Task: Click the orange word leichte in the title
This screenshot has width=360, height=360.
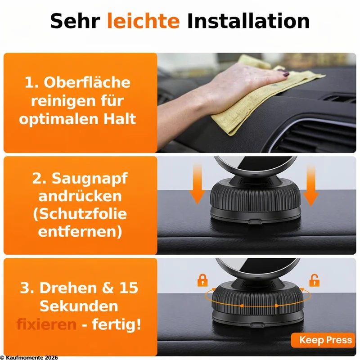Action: coord(143,21)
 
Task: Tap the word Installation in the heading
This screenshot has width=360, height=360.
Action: coord(248,21)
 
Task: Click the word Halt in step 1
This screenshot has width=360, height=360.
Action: coord(120,119)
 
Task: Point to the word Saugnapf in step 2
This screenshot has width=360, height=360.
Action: coord(90,179)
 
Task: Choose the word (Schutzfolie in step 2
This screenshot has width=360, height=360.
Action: coord(80,214)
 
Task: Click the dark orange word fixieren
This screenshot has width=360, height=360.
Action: coord(46,324)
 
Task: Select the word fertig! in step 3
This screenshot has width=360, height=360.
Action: coord(117,324)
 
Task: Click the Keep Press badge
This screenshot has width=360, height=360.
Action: coord(323,340)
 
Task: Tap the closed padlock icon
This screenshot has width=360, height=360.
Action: coord(202,280)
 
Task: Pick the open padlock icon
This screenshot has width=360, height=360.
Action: coord(314,280)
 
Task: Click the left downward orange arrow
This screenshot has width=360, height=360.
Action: coord(197,184)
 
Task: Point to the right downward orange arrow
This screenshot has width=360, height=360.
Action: coord(311,186)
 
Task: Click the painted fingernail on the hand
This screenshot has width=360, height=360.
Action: coord(286,74)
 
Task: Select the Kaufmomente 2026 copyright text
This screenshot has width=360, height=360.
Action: coord(29,357)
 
